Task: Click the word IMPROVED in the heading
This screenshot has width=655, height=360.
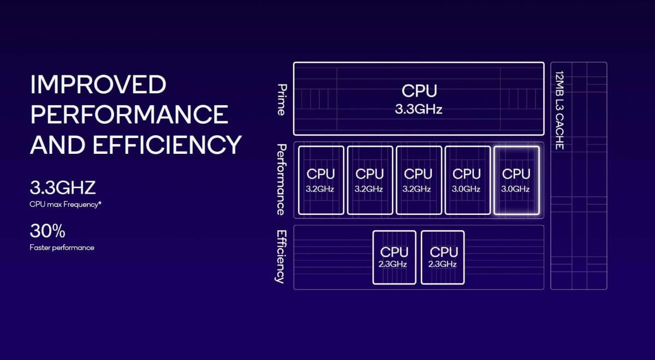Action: click(x=98, y=85)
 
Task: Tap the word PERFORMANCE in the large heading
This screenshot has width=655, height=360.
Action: click(x=129, y=115)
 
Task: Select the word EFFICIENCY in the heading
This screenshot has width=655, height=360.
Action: click(x=167, y=145)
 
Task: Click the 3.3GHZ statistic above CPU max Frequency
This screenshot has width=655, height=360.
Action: click(x=63, y=188)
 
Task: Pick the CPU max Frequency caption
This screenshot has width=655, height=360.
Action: click(x=65, y=205)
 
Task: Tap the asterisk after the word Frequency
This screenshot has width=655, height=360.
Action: click(x=100, y=203)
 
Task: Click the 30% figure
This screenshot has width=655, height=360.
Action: click(x=47, y=231)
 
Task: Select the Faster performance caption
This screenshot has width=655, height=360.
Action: click(x=62, y=248)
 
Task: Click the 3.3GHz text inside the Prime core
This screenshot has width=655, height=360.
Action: click(x=419, y=109)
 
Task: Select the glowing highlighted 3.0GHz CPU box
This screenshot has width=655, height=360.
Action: click(x=516, y=180)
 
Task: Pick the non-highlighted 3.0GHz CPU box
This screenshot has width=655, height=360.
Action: click(x=467, y=180)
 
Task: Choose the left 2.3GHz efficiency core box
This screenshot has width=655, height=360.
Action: click(x=394, y=257)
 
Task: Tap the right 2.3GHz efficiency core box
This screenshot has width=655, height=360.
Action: click(x=443, y=257)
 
